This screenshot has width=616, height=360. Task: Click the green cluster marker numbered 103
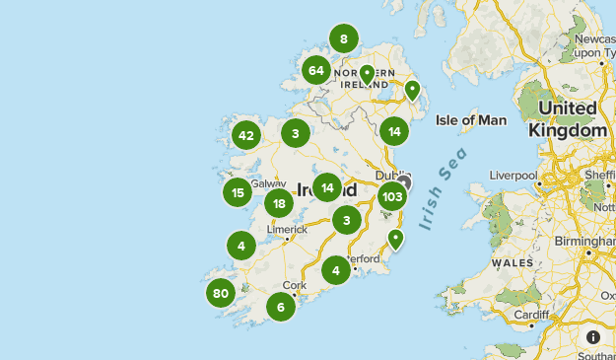coord(392,195)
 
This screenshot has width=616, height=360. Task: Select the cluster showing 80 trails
coord(221,293)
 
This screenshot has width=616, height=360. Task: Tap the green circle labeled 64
coord(316,70)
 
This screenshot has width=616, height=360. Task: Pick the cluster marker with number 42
coord(246,136)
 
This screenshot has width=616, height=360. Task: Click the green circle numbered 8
coord(343,39)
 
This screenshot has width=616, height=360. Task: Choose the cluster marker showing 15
coord(238,192)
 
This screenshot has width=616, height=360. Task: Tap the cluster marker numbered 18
coord(279,204)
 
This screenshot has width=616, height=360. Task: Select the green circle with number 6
coord(281,307)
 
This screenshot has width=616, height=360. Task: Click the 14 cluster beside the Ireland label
coord(327,187)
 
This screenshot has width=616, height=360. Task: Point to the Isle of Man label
coord(471,120)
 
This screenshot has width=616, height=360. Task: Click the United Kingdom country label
coord(567,118)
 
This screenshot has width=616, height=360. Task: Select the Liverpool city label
coord(513,176)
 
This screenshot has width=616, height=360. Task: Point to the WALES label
coord(513,263)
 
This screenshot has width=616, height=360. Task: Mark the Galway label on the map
coord(268,182)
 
